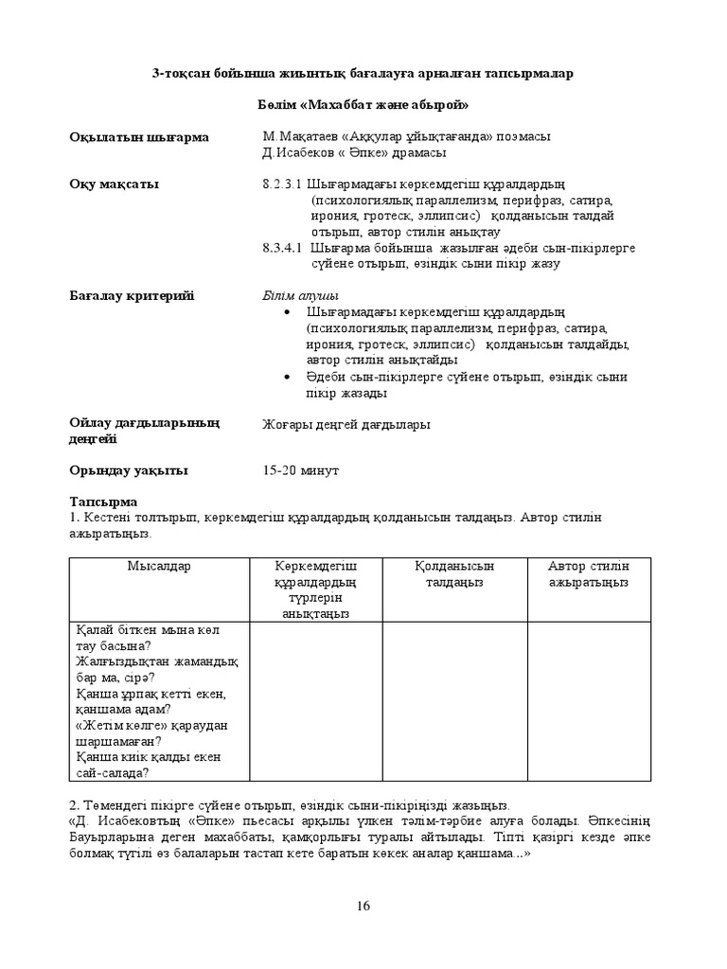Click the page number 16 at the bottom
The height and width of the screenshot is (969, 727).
[x=363, y=906]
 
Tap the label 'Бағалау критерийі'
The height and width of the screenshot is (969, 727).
[x=131, y=296]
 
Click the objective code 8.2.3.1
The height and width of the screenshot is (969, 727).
[x=281, y=184]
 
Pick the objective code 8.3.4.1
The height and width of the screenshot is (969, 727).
[x=281, y=248]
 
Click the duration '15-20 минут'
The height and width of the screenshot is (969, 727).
[x=300, y=470]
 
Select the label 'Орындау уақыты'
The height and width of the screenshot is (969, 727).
[x=128, y=470]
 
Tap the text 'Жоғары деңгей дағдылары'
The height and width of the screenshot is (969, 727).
[x=346, y=425]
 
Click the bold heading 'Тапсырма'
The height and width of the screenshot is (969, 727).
[x=103, y=502]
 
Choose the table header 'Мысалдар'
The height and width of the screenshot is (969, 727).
[x=159, y=566]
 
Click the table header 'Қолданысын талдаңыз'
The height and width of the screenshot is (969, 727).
[x=454, y=573]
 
